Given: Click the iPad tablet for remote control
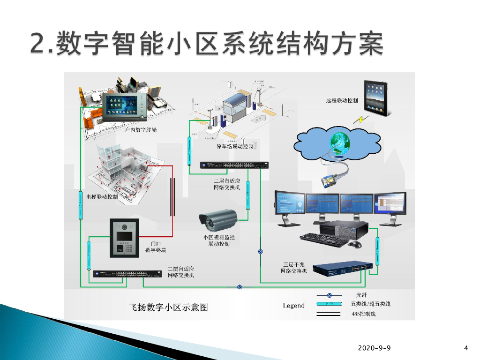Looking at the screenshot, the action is point(376,98).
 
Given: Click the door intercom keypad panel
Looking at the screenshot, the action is point(124,238).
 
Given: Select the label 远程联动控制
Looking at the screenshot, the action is point(342,101).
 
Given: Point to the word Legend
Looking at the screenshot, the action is point(294,306).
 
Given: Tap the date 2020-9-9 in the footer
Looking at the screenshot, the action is point(374,348).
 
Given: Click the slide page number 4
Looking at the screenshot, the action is point(465,348).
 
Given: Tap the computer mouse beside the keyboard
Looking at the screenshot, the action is point(356,244).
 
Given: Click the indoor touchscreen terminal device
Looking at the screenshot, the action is point(125,107).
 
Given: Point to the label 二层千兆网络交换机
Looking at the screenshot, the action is point(294,268).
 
